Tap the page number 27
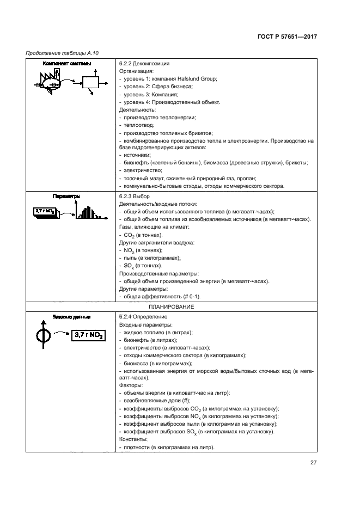click(313, 463)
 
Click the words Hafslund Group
click(198, 79)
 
